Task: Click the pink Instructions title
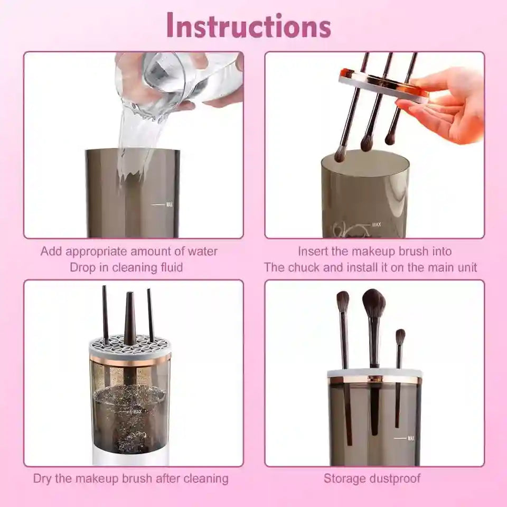pos(249,25)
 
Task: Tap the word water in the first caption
pos(200,251)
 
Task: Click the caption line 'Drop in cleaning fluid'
pos(126,267)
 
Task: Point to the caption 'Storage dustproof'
pos(372,479)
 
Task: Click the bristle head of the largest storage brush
pos(374,303)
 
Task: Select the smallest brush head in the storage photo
pos(400,336)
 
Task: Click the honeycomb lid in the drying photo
pos(130,344)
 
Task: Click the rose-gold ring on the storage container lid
pos(374,380)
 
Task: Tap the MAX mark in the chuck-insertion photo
pos(376,225)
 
